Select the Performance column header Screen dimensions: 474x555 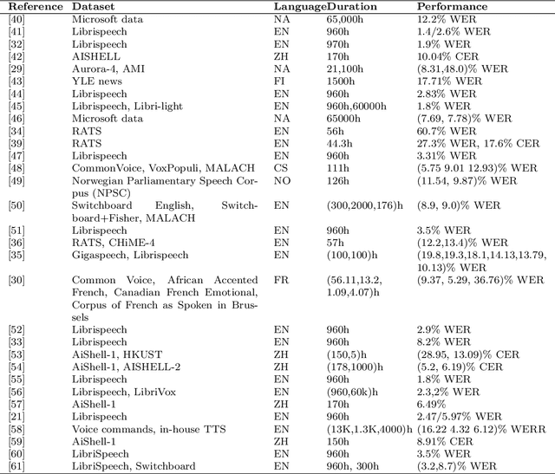tap(452, 6)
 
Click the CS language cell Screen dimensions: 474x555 tap(280, 166)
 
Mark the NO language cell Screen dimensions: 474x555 tap(281, 179)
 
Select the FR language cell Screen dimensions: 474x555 tap(280, 281)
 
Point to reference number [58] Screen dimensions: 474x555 tap(16, 429)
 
